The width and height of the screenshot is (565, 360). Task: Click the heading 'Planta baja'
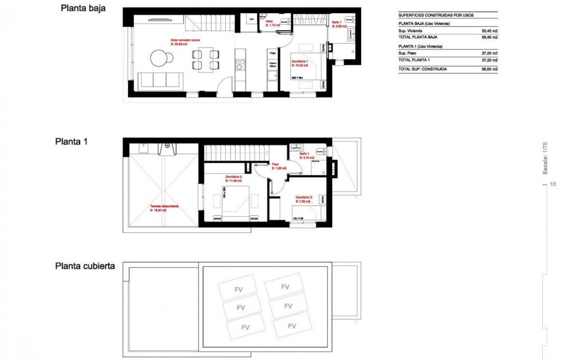[x=83, y=8]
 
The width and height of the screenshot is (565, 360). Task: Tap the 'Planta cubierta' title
[x=85, y=266]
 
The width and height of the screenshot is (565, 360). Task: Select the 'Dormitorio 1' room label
[x=300, y=62]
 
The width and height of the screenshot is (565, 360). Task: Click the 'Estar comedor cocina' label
[x=185, y=40]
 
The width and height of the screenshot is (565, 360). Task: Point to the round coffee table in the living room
[x=158, y=56]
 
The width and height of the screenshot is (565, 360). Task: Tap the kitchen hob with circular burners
[x=240, y=64]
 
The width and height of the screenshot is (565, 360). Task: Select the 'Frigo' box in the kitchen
[x=272, y=53]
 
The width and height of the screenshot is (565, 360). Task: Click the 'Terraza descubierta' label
[x=164, y=206]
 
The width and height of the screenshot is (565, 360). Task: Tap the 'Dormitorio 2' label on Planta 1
[x=233, y=176]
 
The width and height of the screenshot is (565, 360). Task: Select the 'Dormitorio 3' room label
[x=304, y=197]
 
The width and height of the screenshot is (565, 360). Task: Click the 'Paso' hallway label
[x=276, y=164]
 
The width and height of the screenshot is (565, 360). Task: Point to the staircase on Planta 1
[x=232, y=153]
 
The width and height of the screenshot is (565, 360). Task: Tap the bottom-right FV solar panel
[x=291, y=326]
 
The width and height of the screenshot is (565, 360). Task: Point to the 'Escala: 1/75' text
[x=545, y=157]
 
